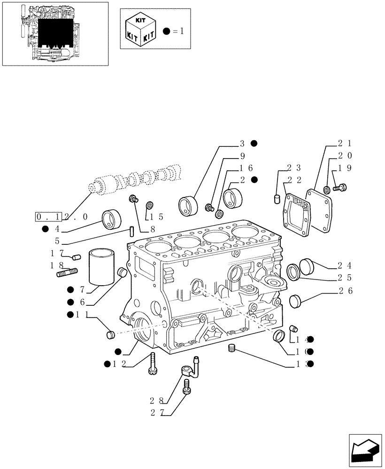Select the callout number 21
click(344, 144)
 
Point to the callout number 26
click(345, 291)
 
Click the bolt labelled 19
click(339, 188)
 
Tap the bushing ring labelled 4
click(111, 219)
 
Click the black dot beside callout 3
click(254, 143)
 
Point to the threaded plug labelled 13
click(231, 348)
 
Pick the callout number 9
click(242, 156)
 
